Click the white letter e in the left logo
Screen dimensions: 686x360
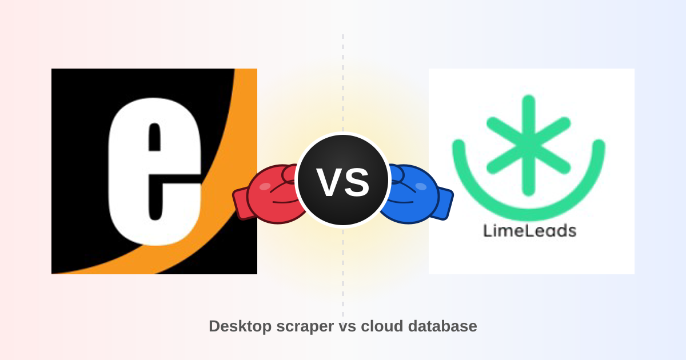[129, 171]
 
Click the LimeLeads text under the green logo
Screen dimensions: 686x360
[530, 230]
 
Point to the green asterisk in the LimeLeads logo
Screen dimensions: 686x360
[529, 145]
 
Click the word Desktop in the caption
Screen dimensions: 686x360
[240, 326]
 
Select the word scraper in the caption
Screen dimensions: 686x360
[305, 327]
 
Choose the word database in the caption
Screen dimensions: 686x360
[442, 326]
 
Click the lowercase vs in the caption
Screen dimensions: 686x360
[348, 327]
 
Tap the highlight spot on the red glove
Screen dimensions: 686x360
[265, 186]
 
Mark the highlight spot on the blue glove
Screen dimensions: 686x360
[421, 186]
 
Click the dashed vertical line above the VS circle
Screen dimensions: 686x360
[343, 83]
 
